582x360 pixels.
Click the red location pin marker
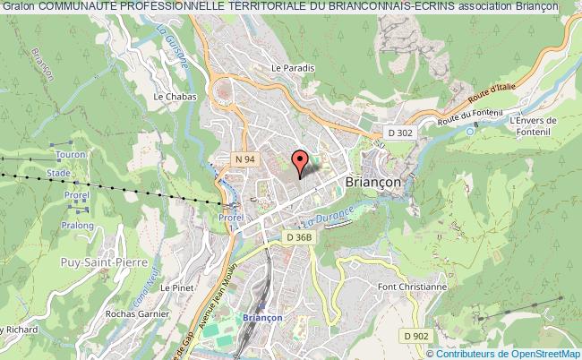(x=300, y=160)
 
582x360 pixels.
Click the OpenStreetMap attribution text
(x=521, y=354)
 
